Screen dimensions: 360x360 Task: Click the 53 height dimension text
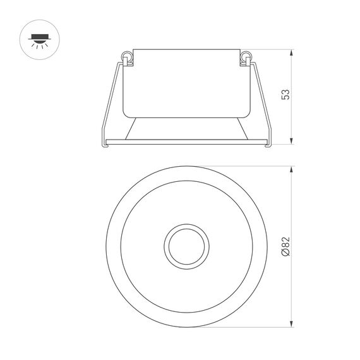tap(286, 96)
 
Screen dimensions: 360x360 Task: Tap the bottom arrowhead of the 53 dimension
tap(291, 142)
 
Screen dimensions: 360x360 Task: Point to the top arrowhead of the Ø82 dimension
tap(291, 169)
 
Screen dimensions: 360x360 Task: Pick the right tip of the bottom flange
tap(269, 145)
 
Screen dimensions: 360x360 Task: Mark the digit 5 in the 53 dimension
tap(286, 100)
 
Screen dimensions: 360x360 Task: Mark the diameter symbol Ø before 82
tap(285, 254)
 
